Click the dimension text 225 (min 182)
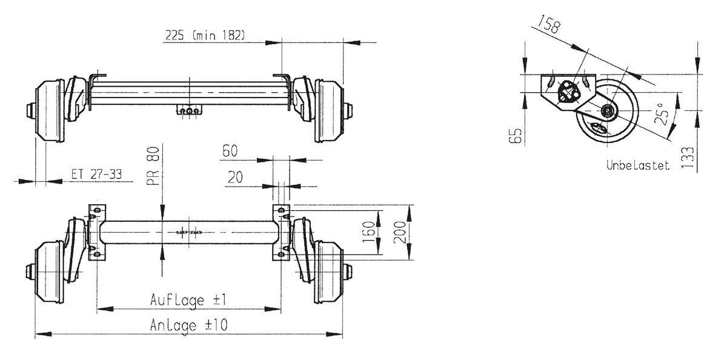205,35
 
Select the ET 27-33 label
96,175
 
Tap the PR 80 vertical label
153,166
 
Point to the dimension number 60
230,151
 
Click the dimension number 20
235,178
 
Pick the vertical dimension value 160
369,232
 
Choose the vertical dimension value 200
399,233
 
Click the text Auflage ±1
188,300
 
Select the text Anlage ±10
188,325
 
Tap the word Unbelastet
638,165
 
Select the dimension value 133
688,158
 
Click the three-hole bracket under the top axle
189,110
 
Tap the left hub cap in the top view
30,112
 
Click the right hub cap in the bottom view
348,273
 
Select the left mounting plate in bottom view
97,233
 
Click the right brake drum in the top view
329,110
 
